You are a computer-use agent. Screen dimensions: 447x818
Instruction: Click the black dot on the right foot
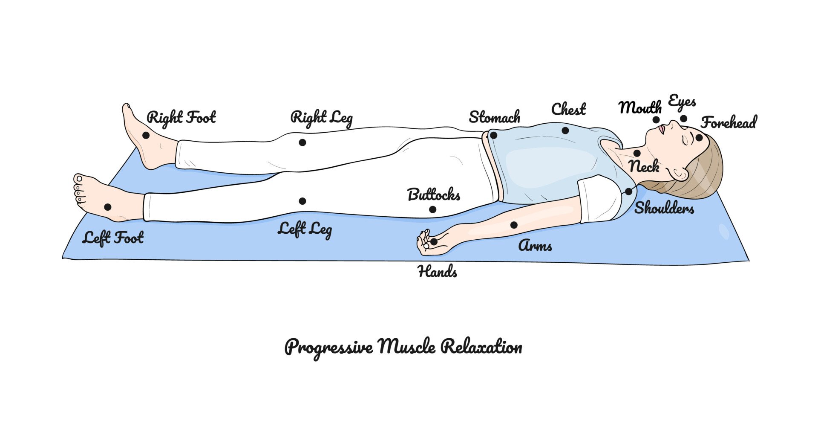146,135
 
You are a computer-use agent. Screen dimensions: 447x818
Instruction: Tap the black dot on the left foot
107,207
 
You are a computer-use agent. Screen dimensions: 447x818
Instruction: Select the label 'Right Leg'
321,118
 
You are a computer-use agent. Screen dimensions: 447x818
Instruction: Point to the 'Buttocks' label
434,195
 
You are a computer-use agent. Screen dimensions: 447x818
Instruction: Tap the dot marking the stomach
493,136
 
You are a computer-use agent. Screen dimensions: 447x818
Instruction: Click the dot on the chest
565,130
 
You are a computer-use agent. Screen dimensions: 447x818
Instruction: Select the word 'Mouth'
639,107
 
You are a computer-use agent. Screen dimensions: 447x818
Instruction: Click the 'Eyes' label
682,102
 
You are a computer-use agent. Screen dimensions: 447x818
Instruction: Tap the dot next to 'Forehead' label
699,137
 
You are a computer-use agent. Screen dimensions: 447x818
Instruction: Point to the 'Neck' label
644,166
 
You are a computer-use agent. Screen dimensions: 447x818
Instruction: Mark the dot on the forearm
514,225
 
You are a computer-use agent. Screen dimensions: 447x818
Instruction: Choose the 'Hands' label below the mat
438,271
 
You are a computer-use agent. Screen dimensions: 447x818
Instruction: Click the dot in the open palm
434,241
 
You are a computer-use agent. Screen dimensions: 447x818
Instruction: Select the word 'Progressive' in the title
328,347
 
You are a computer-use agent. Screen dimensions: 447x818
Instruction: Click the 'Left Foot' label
113,238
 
